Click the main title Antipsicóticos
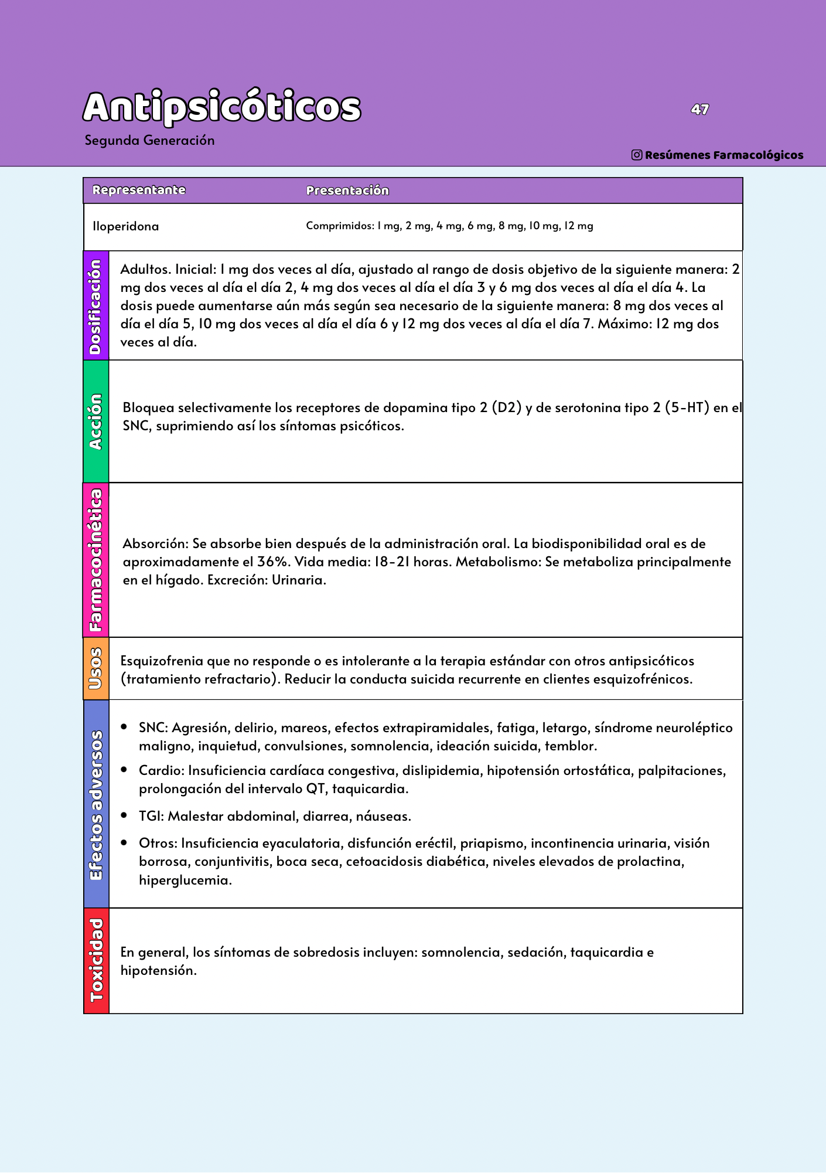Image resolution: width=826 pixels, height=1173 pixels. coord(221,107)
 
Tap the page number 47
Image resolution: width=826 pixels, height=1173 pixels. coord(699,110)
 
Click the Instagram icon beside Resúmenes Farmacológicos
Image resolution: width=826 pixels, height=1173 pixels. coord(637,155)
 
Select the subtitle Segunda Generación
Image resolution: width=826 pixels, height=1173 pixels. coord(149,141)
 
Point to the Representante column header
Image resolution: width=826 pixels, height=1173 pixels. coord(139,190)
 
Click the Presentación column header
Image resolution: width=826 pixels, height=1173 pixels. coord(347,191)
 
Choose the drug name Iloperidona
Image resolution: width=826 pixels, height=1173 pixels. coord(125,226)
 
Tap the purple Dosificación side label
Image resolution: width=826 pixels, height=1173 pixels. coord(96,306)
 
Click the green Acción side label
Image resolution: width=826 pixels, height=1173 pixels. coord(96,421)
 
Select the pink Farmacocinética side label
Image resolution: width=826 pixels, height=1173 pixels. coord(96,560)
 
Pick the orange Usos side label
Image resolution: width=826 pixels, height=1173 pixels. coord(96,668)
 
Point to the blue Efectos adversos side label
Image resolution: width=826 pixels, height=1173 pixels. coord(96,804)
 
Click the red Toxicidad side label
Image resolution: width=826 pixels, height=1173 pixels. coord(96,960)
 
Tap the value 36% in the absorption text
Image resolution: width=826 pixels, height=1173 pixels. coord(273,562)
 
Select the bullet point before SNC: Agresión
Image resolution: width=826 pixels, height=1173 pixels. coord(124,727)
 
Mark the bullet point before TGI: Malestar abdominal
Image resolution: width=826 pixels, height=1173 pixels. coord(124,815)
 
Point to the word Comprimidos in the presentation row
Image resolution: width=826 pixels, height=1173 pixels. coord(339,226)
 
